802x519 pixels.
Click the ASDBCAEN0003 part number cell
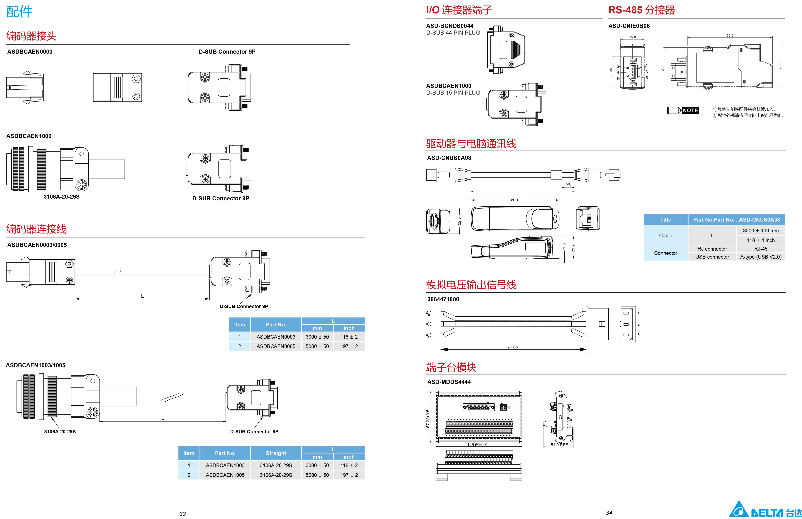pyautogui.click(x=276, y=337)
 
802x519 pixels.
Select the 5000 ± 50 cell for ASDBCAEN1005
pyautogui.click(x=317, y=475)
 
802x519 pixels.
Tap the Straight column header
pyautogui.click(x=276, y=453)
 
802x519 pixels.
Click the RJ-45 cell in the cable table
pyautogui.click(x=760, y=249)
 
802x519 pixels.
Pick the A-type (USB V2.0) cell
pyautogui.click(x=760, y=257)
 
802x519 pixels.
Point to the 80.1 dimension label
pyautogui.click(x=515, y=200)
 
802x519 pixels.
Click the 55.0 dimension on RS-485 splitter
pyautogui.click(x=729, y=35)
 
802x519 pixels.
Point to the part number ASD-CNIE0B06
pyautogui.click(x=629, y=26)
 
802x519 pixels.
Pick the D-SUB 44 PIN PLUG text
pyautogui.click(x=453, y=33)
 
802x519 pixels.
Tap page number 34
pyautogui.click(x=609, y=513)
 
